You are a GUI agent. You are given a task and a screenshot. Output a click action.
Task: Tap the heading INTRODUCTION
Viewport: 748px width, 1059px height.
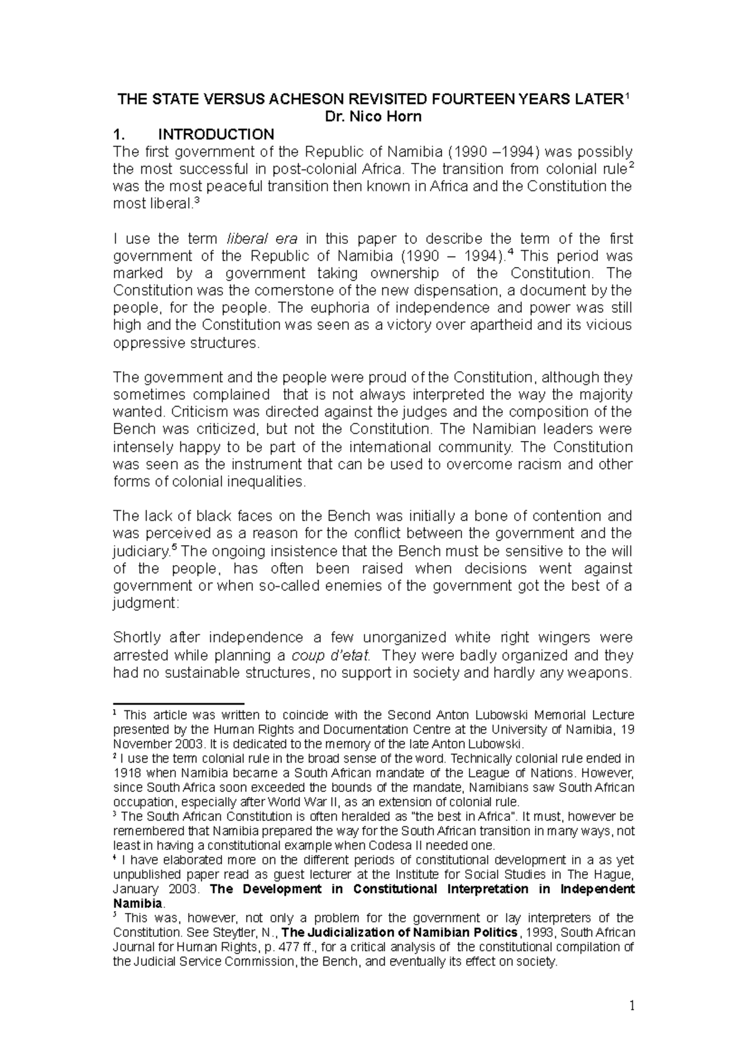pos(216,134)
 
